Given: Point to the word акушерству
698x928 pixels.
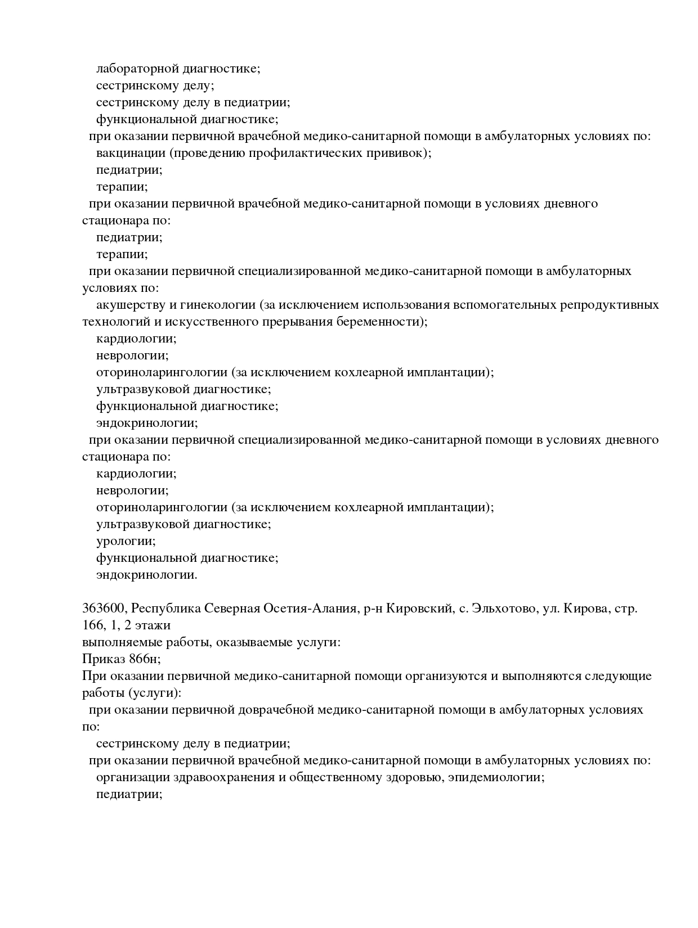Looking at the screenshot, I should (x=128, y=305).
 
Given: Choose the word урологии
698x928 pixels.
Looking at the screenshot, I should (x=126, y=541).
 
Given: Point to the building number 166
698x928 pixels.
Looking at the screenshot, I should (x=92, y=625).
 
